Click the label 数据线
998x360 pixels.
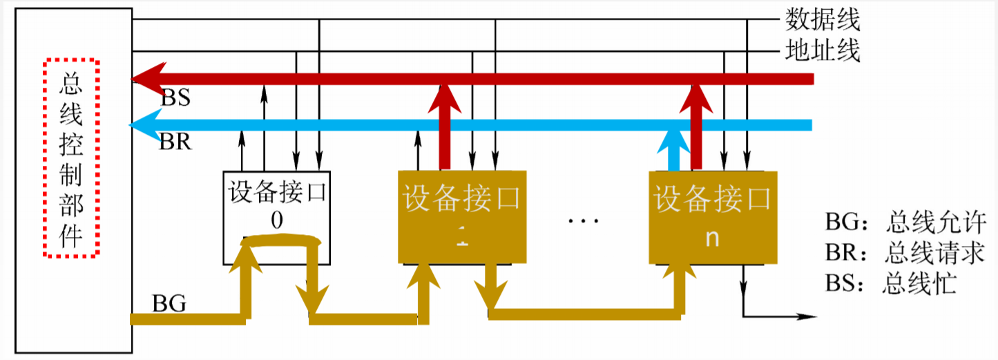[x=823, y=20]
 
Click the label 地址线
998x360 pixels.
[x=823, y=51]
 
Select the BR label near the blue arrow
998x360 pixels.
[x=175, y=142]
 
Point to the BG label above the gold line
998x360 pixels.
[x=169, y=303]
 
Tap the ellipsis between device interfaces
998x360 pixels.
[x=584, y=220]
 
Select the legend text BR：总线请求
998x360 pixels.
[x=904, y=254]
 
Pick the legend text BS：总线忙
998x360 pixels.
[x=890, y=284]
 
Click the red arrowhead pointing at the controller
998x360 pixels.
[x=148, y=79]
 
